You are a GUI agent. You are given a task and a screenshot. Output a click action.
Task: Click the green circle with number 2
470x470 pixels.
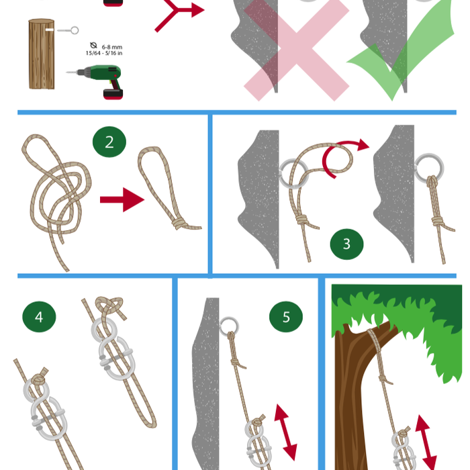click(x=109, y=142)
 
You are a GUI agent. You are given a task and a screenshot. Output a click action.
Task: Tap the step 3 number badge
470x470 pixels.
click(x=346, y=244)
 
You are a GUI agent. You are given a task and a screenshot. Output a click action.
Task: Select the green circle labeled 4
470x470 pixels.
click(x=39, y=316)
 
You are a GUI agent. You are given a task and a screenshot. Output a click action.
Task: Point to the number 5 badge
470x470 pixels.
click(x=286, y=317)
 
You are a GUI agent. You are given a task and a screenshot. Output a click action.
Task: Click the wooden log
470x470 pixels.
click(x=41, y=54)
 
